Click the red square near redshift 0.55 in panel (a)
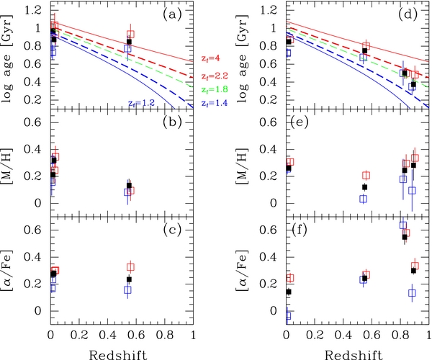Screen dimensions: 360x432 coord(130,35)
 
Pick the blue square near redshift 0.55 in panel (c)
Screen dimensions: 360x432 coord(127,290)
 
